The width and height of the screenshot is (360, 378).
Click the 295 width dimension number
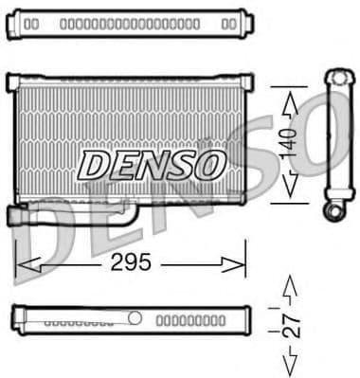pos(131,262)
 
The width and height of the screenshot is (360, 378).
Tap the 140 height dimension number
pos(295,142)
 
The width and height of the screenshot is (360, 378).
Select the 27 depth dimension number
pos(295,325)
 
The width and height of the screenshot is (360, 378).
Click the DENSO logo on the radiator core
pos(151,165)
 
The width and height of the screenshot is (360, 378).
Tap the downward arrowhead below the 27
pos(294,365)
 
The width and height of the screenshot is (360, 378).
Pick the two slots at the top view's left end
pos(30,22)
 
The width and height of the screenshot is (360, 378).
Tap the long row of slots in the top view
pos(129,22)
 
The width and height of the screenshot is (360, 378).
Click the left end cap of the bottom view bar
pos(16,318)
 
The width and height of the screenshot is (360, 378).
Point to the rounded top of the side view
pos(337,75)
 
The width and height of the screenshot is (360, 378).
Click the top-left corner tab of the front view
pos(11,81)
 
